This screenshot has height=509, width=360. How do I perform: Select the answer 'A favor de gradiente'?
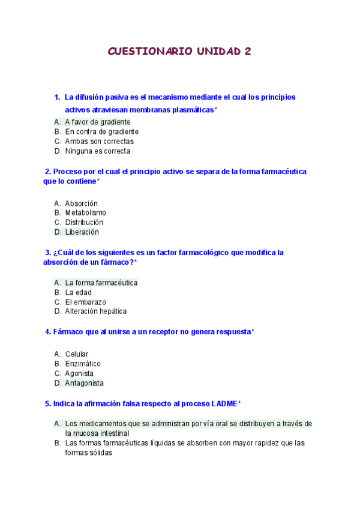(x=97, y=122)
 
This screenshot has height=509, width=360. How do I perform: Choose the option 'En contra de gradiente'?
(x=101, y=131)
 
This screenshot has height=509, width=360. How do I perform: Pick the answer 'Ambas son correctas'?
(x=99, y=141)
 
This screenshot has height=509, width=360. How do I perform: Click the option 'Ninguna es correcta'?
(x=97, y=151)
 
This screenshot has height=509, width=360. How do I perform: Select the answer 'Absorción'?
(x=81, y=203)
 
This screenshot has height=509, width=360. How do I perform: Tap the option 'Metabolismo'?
(x=85, y=212)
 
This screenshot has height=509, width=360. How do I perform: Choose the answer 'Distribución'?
(x=84, y=222)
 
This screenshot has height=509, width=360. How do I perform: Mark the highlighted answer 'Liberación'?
(x=82, y=232)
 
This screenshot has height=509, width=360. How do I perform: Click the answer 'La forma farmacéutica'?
(x=101, y=282)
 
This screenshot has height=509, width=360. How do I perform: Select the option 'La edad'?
(x=78, y=292)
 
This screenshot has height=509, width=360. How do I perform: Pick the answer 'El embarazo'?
(x=85, y=302)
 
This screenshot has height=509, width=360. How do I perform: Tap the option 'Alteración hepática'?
(x=95, y=311)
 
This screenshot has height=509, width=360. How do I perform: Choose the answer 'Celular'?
(x=77, y=354)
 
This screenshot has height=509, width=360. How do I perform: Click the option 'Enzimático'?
(x=83, y=364)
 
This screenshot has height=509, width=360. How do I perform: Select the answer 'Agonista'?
(x=79, y=373)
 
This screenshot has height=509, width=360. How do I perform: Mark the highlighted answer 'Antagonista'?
(x=84, y=383)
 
